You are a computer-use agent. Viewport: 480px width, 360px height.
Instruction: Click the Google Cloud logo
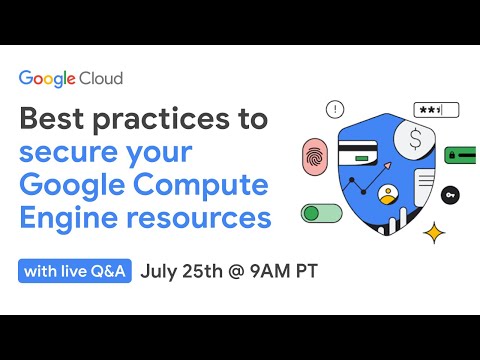[x=70, y=78]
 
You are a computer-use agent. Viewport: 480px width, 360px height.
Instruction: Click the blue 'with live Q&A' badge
[x=75, y=271]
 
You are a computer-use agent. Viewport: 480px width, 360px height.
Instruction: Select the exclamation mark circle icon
[x=335, y=109]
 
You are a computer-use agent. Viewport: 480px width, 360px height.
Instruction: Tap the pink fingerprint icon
[x=315, y=156]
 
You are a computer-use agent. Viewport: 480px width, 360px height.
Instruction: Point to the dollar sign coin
[x=408, y=140]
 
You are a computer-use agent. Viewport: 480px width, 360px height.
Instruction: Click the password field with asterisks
[x=437, y=110]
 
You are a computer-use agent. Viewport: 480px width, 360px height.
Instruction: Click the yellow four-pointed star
[x=434, y=233]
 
